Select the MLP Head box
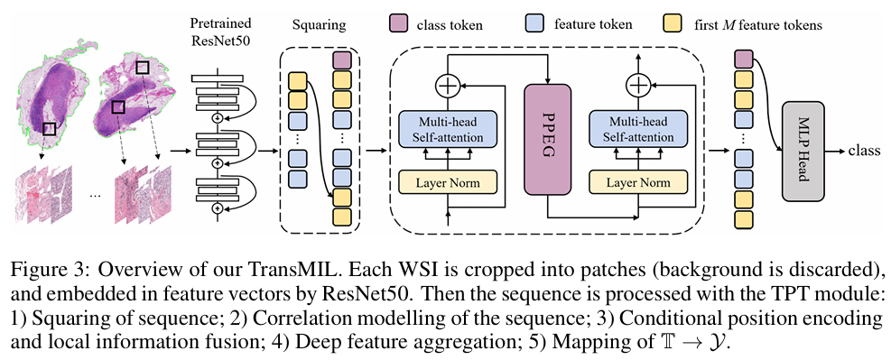(x=803, y=151)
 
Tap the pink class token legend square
(x=398, y=25)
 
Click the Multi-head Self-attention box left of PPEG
(x=449, y=129)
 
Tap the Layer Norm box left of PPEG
(x=449, y=183)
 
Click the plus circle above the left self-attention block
(x=448, y=87)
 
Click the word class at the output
(x=864, y=151)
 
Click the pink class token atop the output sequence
(x=744, y=59)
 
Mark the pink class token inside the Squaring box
(x=342, y=60)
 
